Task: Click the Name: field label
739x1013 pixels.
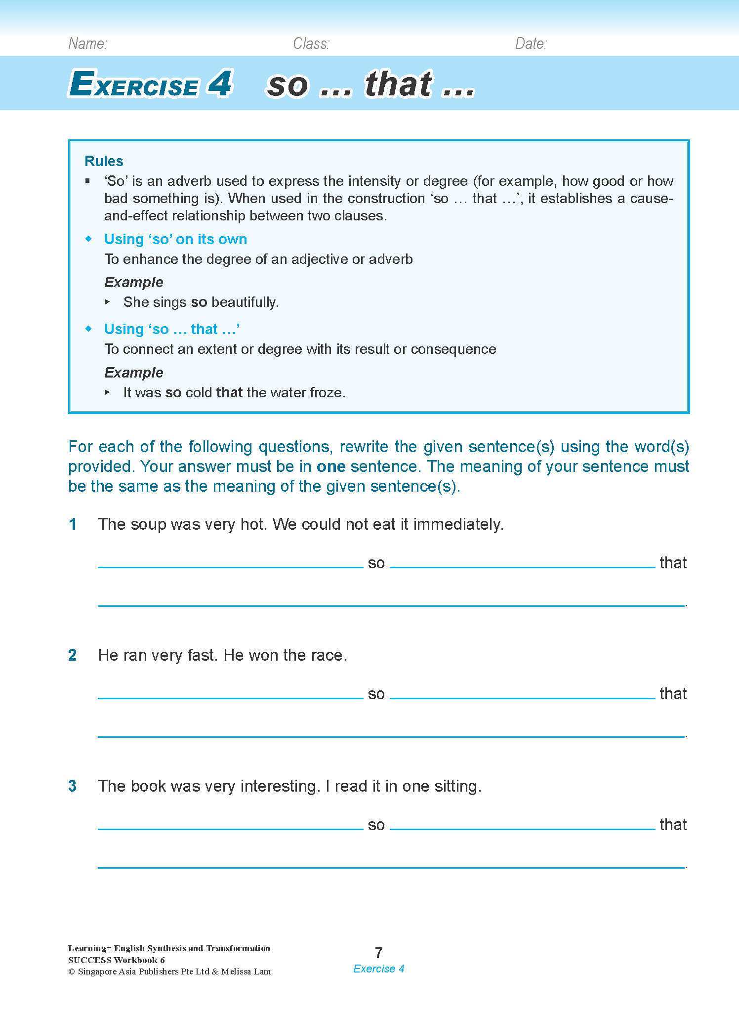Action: click(x=87, y=44)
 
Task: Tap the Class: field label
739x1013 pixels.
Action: click(x=311, y=44)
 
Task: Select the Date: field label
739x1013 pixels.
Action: click(x=531, y=44)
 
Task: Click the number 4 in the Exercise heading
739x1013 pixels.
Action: click(x=220, y=84)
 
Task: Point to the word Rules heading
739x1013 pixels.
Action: click(x=104, y=161)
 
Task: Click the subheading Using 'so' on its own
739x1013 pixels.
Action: click(x=175, y=239)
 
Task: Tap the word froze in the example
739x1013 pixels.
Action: click(x=327, y=392)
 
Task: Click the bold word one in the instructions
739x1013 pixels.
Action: click(x=330, y=466)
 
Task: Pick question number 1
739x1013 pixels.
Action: click(x=73, y=524)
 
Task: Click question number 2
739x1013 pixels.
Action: click(x=73, y=655)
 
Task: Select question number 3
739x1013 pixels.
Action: click(x=73, y=786)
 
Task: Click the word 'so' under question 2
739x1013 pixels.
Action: click(x=376, y=694)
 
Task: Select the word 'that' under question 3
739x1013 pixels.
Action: click(x=673, y=825)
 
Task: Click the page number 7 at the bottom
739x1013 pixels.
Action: click(x=379, y=953)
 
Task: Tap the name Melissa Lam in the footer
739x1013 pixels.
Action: click(x=246, y=971)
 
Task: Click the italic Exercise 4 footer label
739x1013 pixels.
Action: click(x=379, y=969)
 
